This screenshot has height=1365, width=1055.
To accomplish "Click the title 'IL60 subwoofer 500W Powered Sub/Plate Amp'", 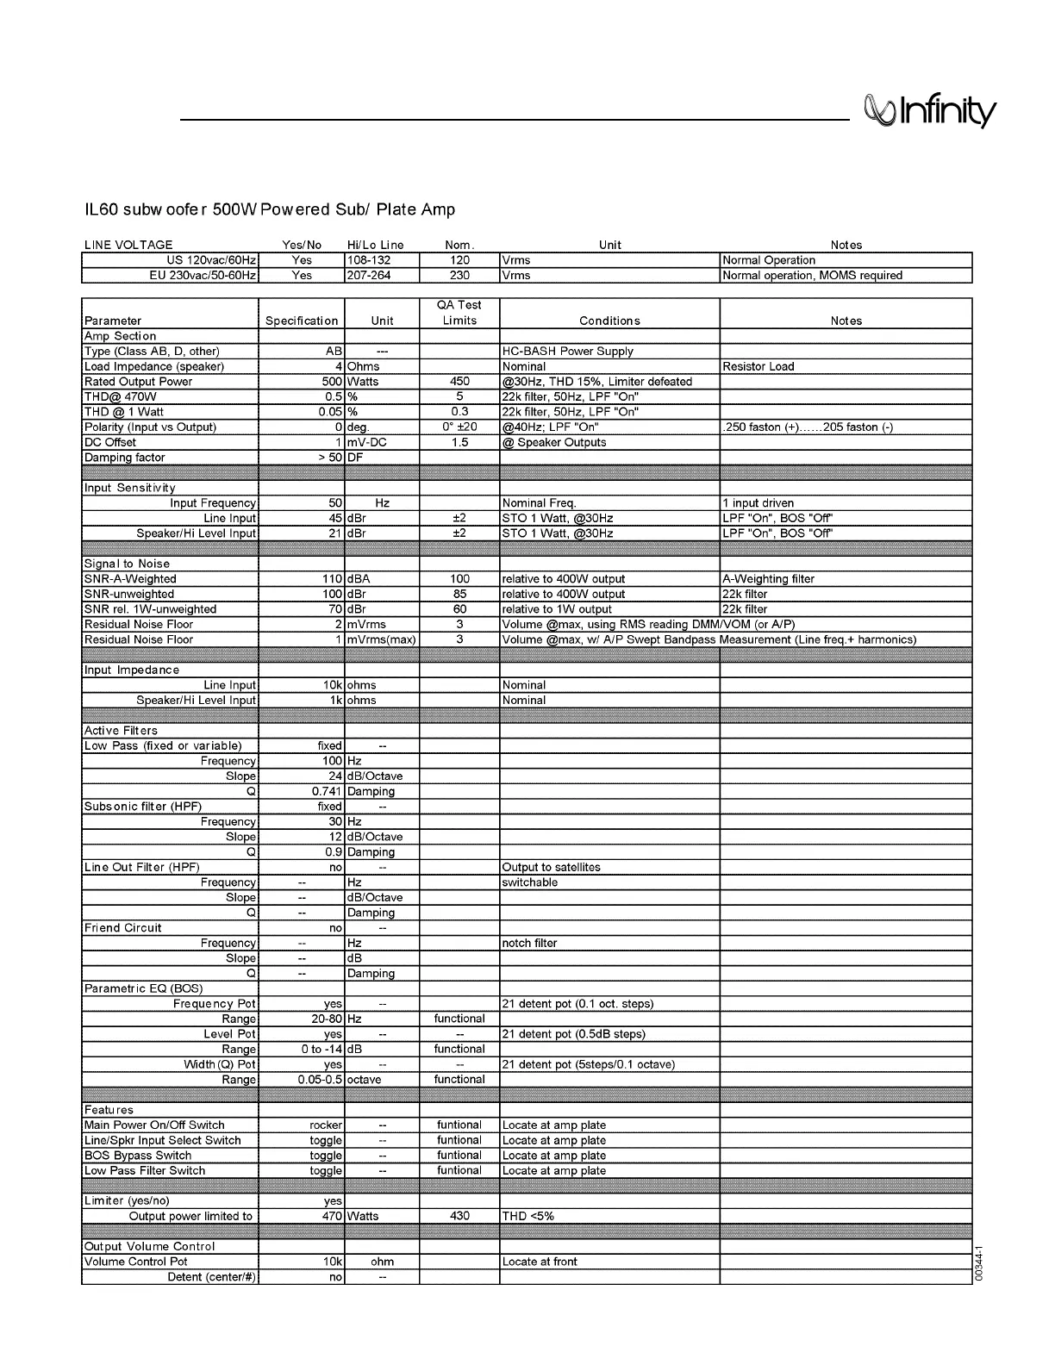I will click(270, 209).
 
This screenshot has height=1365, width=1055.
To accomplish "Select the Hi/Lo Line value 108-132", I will click(369, 260).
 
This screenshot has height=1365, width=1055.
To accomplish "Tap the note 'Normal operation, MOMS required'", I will click(812, 276).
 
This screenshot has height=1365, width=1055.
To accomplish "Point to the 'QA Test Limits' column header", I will click(459, 313).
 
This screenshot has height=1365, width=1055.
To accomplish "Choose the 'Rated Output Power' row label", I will click(138, 382).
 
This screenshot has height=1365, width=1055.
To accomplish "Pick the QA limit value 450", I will click(459, 382).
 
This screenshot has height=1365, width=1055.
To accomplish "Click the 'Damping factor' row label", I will click(124, 458).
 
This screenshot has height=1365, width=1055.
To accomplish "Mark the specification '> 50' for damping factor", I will click(329, 458).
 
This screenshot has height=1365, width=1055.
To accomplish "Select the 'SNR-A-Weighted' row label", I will click(130, 579).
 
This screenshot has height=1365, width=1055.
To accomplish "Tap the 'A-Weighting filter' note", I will click(768, 579).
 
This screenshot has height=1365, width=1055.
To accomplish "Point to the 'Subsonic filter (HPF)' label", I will click(143, 807).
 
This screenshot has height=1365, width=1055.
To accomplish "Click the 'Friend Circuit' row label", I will click(122, 928).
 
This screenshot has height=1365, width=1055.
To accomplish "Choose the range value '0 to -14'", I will click(321, 1050).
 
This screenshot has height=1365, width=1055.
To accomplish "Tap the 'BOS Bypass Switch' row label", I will click(138, 1156).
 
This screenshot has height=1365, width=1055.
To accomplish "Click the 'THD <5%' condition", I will click(527, 1216).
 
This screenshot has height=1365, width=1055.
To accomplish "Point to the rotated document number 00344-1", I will click(979, 1263).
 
